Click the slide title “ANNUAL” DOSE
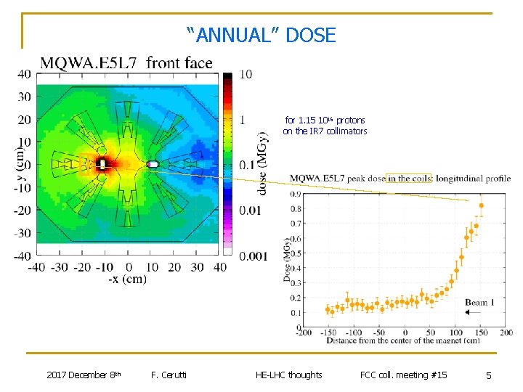point(261,35)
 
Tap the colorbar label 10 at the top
point(246,74)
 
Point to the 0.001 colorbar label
point(252,256)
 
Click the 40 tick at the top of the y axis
point(23,73)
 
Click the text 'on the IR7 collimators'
point(325,131)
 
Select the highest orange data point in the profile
point(481,205)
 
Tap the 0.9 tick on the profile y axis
point(297,194)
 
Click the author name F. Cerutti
point(169,375)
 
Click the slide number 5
point(489,375)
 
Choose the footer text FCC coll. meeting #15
point(403,375)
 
